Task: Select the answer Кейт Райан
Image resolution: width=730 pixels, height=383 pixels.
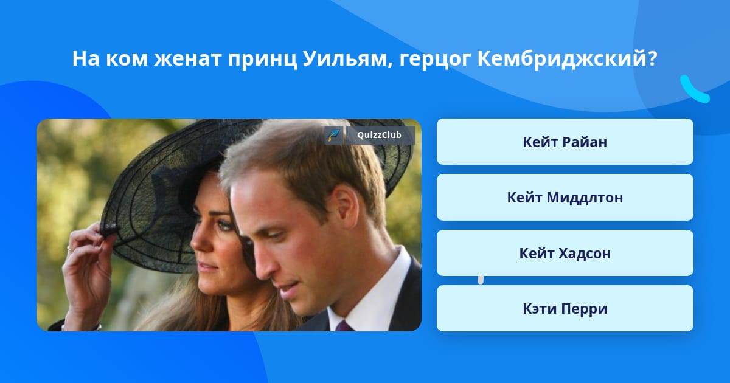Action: tap(565, 142)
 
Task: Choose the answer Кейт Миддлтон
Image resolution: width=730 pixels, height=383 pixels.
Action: tap(565, 197)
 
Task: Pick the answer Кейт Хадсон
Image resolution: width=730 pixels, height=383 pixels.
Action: tap(565, 253)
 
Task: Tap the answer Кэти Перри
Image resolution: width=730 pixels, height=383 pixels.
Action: tap(565, 308)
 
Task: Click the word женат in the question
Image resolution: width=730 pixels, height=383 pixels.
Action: tap(187, 60)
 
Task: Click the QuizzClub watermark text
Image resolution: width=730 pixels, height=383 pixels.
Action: tap(379, 135)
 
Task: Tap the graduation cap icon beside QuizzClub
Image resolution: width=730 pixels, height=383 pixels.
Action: tap(333, 135)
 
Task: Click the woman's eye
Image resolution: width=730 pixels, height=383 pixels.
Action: tap(223, 224)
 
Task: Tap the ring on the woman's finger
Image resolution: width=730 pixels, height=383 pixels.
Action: tap(69, 249)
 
